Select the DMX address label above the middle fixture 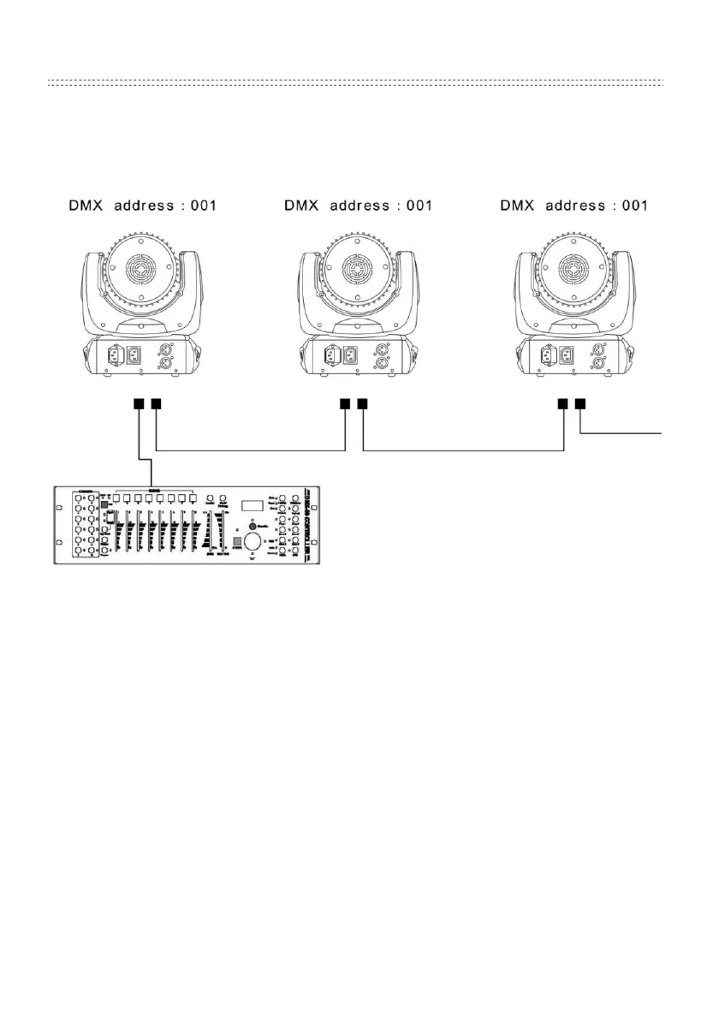[x=357, y=206]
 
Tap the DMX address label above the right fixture [x=573, y=206]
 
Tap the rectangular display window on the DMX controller [x=252, y=506]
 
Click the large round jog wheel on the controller [x=252, y=542]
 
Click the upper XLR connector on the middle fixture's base [x=380, y=349]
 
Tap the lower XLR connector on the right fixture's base [x=597, y=363]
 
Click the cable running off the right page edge [x=633, y=433]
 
